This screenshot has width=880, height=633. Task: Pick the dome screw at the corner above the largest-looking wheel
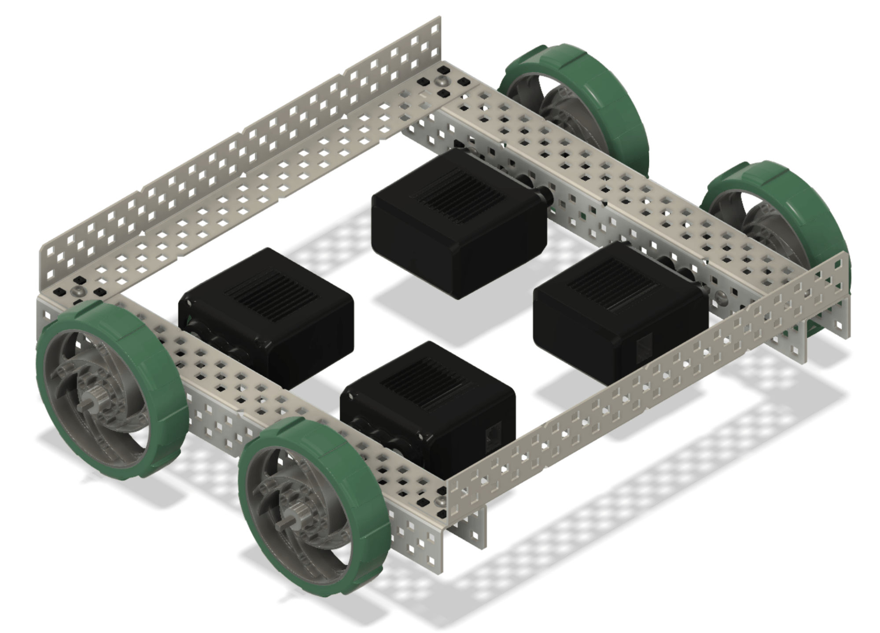coord(79,290)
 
